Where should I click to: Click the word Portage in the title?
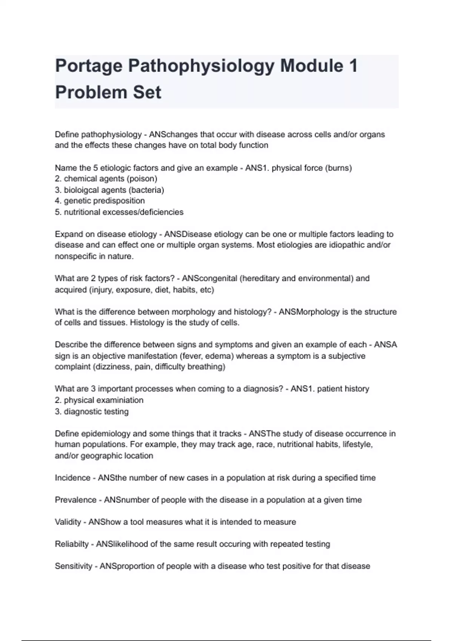[x=89, y=66]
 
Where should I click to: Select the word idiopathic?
[x=348, y=245]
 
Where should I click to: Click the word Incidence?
[x=72, y=478]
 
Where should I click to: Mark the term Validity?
[x=68, y=522]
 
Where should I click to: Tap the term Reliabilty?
[x=71, y=544]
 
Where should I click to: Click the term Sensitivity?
[x=73, y=566]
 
